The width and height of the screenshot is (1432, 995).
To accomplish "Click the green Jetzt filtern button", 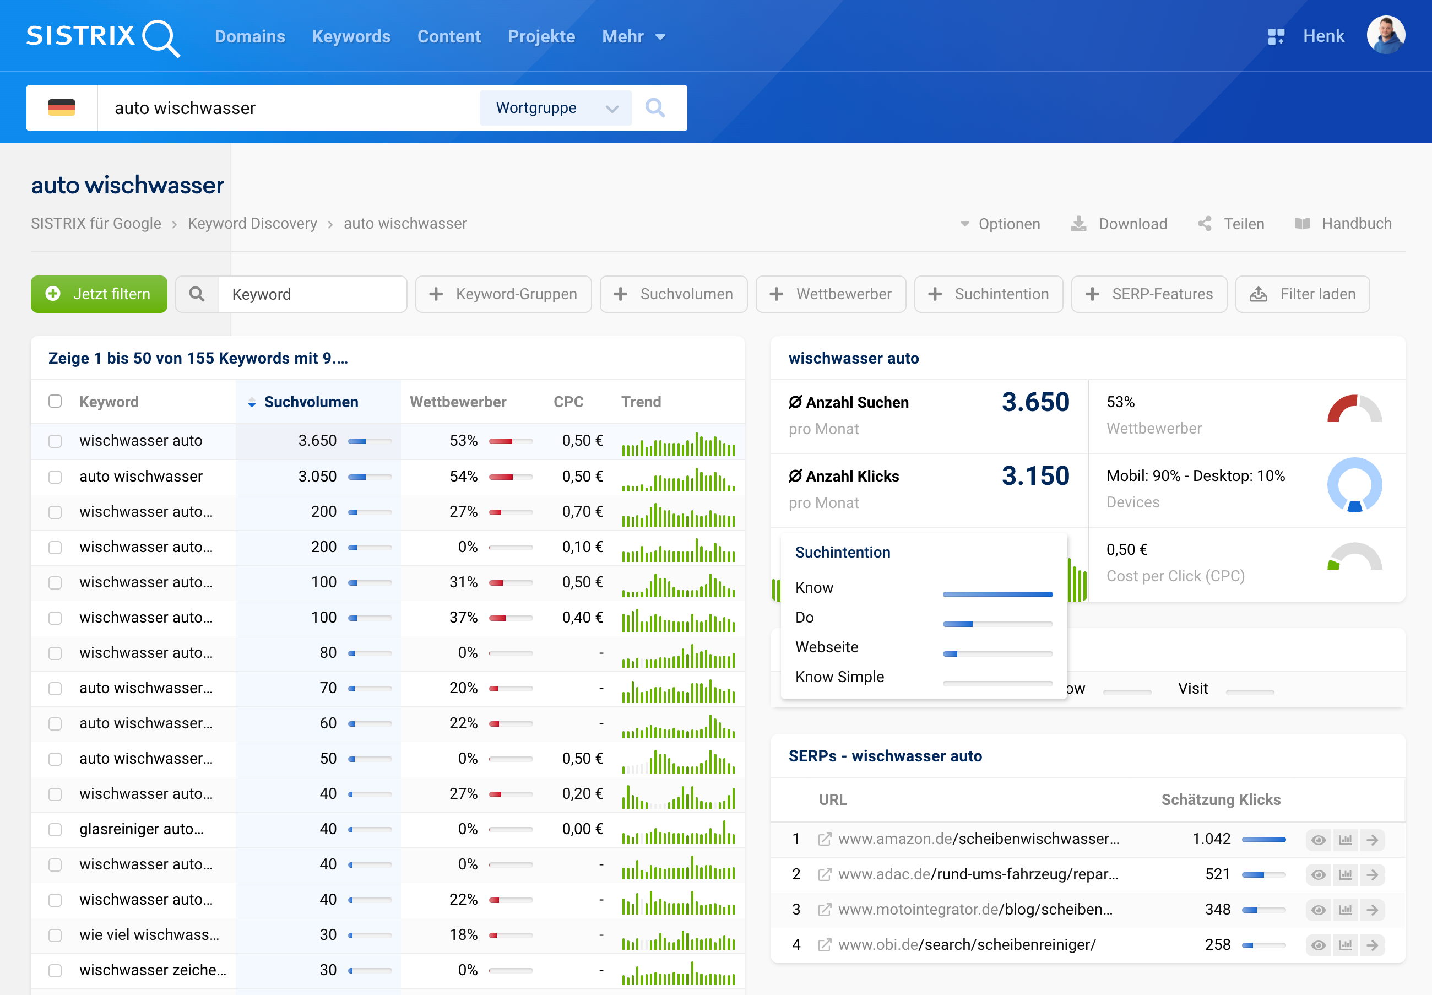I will tap(99, 294).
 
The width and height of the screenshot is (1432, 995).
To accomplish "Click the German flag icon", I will tap(62, 108).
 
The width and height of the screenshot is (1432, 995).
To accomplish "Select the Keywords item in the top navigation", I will tap(351, 36).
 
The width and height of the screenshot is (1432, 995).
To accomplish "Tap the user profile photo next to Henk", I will tap(1385, 35).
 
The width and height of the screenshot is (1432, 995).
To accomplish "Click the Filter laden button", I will tap(1303, 294).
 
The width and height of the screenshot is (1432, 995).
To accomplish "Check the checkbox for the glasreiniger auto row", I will tap(56, 830).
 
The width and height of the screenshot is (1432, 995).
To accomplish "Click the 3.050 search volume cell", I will tap(317, 477).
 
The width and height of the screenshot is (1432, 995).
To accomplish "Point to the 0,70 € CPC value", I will tap(582, 512).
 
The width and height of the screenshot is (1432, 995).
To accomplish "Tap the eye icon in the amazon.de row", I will tap(1318, 840).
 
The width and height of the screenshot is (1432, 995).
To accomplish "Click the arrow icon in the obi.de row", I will tap(1372, 945).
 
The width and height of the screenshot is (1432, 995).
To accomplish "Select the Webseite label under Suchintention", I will tap(826, 647).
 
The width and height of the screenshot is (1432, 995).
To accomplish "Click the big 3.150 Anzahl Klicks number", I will tap(1035, 477).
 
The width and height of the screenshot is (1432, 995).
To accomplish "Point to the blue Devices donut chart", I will tap(1354, 485).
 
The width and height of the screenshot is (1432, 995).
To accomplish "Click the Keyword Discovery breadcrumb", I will tap(252, 224).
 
